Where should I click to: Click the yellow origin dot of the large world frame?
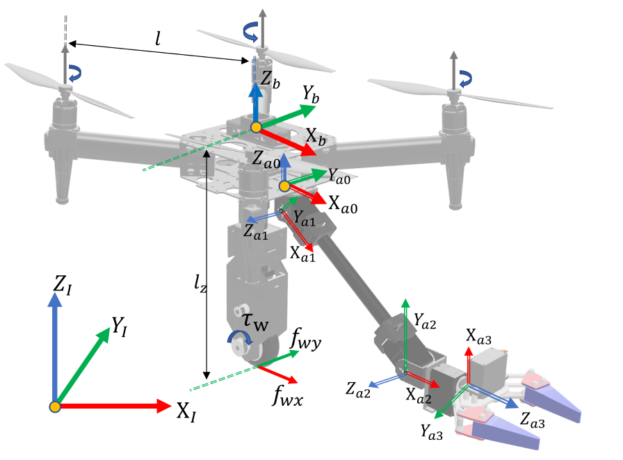55,406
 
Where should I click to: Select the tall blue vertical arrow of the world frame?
55,347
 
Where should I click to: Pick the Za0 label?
266,160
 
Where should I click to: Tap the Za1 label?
256,232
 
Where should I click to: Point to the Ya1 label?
304,217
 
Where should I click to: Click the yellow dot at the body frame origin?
256,127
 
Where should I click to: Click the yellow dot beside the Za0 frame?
284,186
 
